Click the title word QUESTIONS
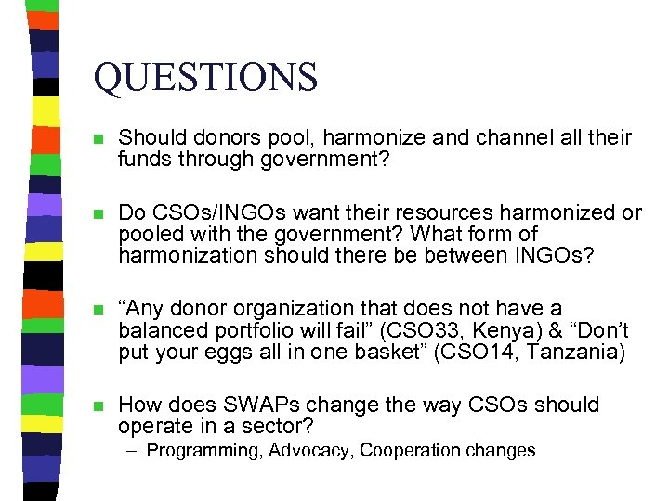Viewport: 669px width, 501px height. coord(205,77)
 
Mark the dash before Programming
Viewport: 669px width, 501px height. coord(136,452)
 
